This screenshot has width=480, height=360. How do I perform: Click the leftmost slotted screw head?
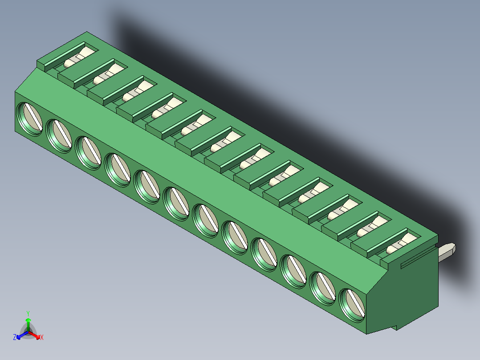[29, 119]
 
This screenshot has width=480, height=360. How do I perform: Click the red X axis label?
[42, 338]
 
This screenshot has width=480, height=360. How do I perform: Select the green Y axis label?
[28, 313]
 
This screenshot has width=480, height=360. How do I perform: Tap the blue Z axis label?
[15, 338]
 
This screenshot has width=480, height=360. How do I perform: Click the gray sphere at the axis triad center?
[28, 332]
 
